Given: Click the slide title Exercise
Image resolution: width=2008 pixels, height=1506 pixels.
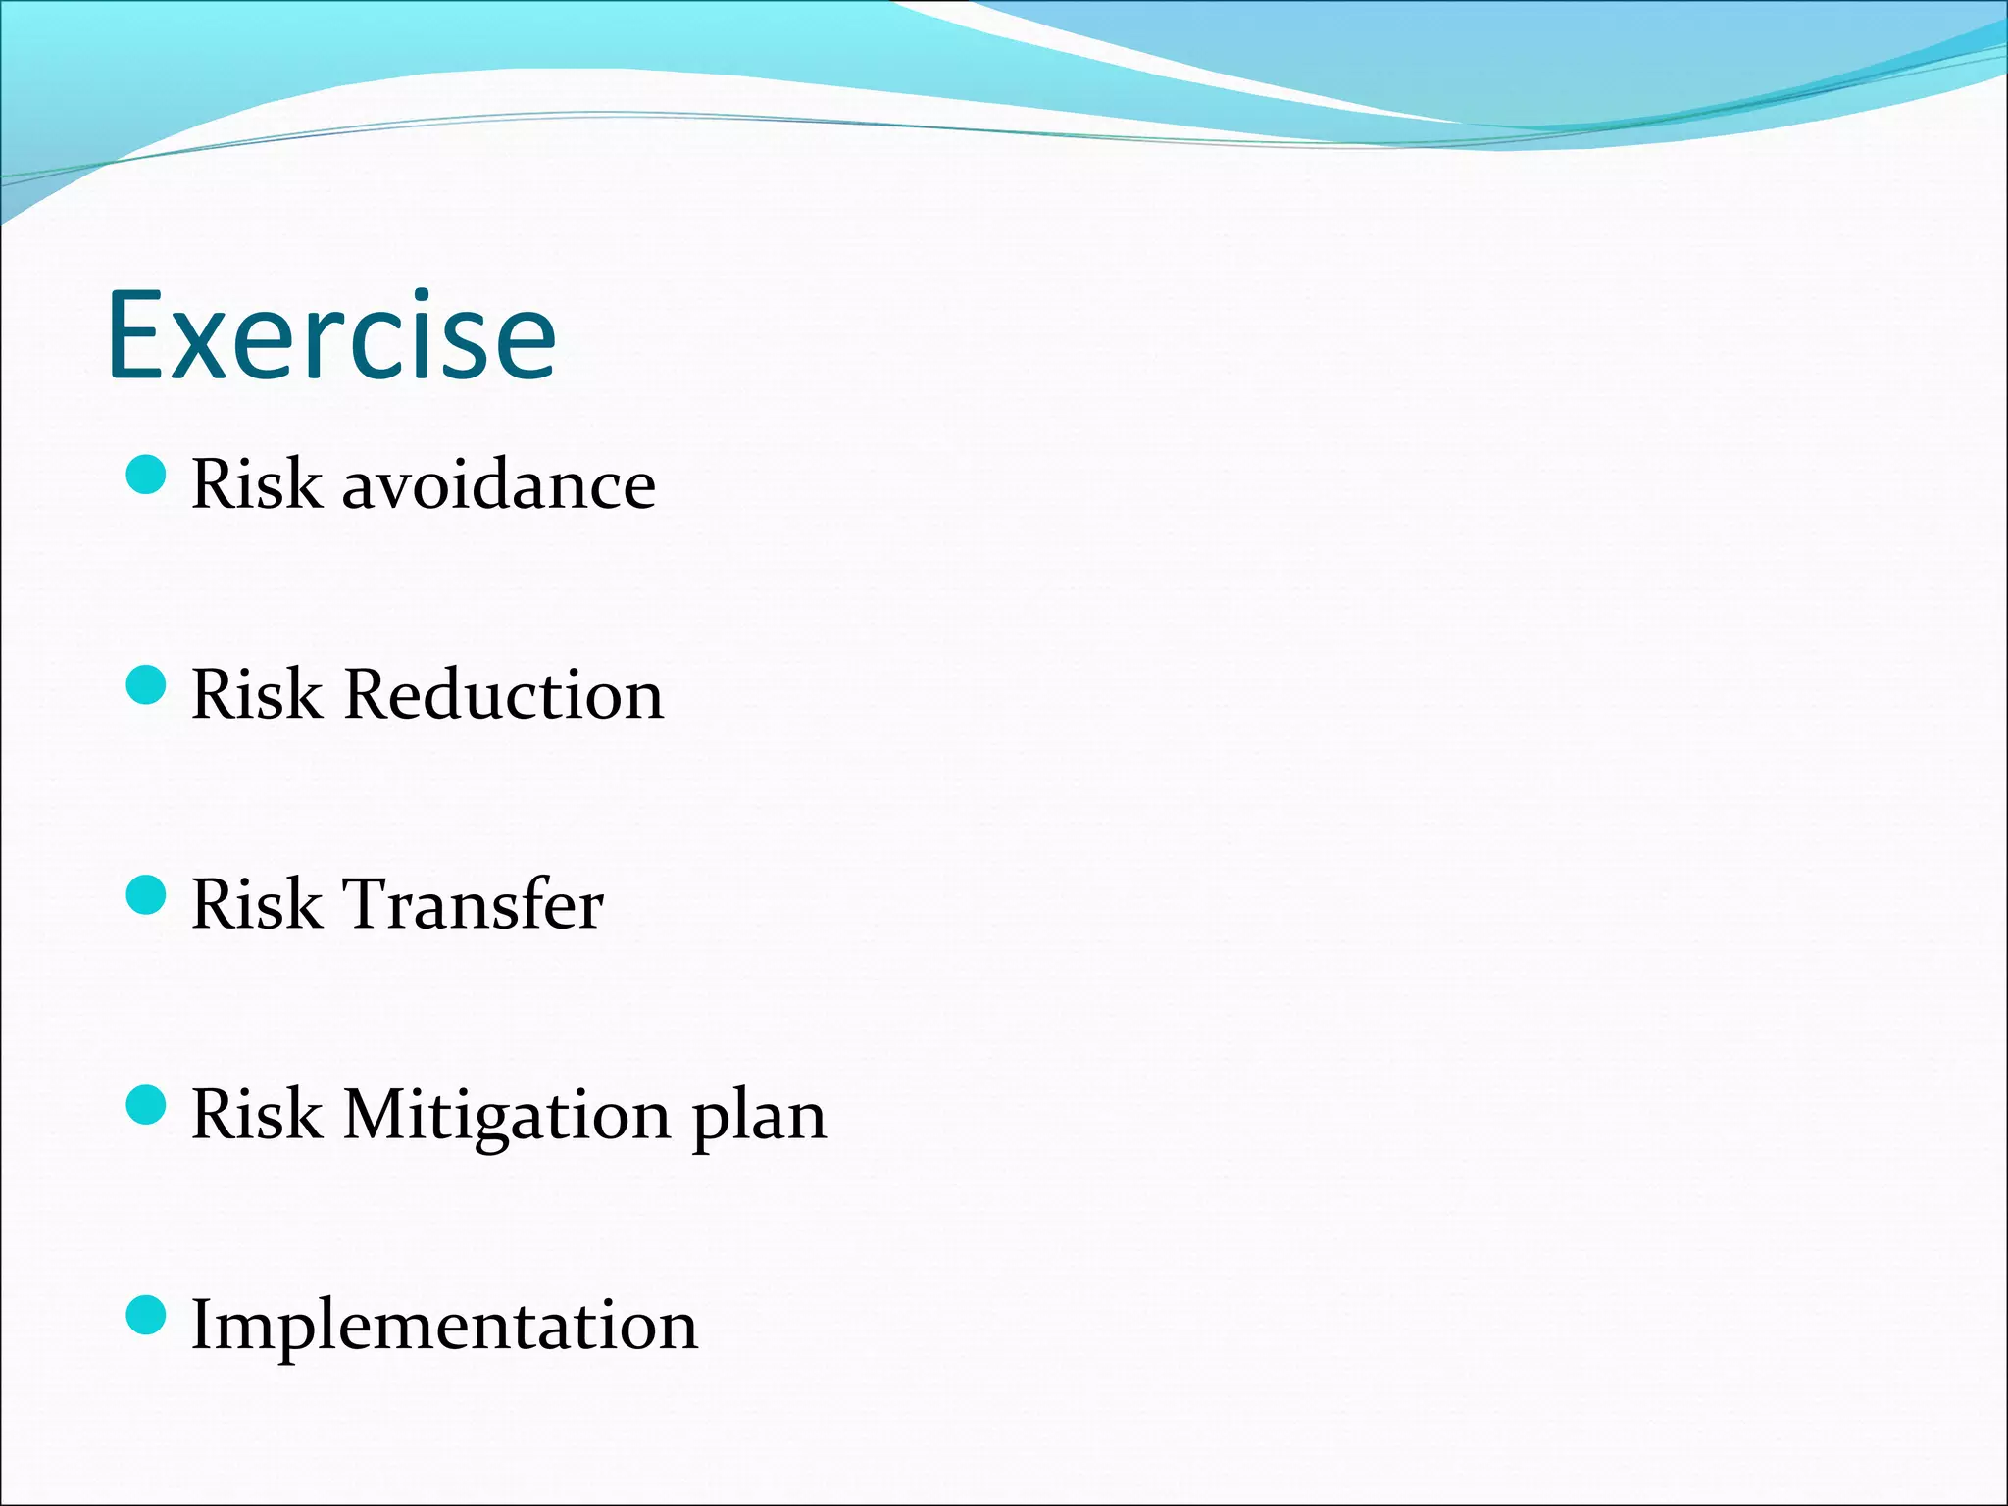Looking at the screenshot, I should (331, 335).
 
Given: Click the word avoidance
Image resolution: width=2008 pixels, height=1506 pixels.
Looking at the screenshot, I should (498, 484).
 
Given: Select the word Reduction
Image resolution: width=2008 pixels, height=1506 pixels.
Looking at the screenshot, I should (504, 694).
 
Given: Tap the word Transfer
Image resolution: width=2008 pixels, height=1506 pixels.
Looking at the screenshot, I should (472, 904).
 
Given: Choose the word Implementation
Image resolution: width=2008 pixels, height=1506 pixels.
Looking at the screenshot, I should (444, 1325).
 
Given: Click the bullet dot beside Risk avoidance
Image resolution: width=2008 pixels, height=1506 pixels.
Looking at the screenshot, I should (147, 476).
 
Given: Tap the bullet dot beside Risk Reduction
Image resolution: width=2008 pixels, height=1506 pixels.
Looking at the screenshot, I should (147, 685).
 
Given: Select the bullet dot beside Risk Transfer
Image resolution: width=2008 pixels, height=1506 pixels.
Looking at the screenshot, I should (147, 895).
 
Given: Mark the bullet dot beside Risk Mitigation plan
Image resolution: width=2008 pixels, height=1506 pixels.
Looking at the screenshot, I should (147, 1105).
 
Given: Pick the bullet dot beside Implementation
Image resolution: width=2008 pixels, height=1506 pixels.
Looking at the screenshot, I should (147, 1315).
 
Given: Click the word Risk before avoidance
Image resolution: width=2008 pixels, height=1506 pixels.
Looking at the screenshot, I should (256, 484).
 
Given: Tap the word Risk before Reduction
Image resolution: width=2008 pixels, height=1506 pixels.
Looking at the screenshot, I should (256, 694).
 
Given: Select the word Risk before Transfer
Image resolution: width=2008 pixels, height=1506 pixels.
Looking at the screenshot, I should (256, 904).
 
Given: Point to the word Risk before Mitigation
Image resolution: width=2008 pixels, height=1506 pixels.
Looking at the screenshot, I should (256, 1115).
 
